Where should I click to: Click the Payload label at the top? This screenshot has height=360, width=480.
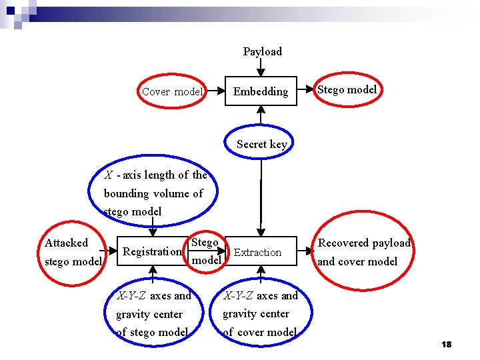coord(262,51)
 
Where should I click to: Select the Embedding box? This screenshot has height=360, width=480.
coord(261,91)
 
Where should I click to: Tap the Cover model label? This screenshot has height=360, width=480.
coord(172,92)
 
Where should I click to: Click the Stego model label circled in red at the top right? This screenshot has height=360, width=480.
coord(347,89)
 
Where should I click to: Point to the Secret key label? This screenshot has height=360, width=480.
coord(261,144)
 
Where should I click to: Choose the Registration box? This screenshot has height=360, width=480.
coord(152,251)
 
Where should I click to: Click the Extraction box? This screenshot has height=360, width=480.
coord(257,252)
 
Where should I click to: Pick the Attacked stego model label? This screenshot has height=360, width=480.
coord(73,252)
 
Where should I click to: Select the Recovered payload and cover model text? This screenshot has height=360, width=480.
coord(364,252)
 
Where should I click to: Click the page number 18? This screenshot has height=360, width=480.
coord(446,344)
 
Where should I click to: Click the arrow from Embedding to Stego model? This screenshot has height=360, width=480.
coord(303,91)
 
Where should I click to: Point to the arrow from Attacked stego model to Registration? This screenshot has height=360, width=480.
coord(110,252)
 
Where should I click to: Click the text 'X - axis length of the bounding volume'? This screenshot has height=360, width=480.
coord(155,193)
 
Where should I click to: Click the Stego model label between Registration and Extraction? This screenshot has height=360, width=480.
coord(206,251)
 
